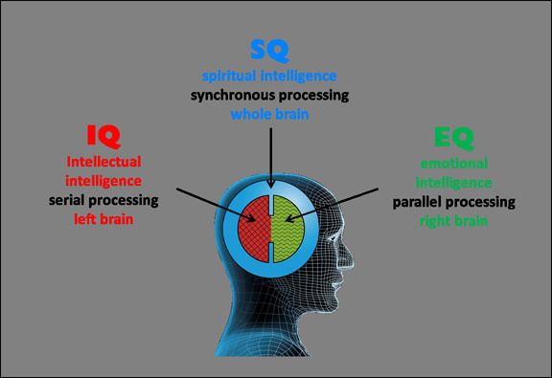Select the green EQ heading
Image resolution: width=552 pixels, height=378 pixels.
[x=448, y=138]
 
